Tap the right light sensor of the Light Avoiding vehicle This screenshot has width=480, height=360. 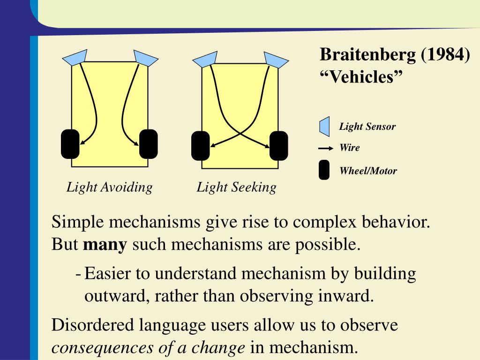(146, 57)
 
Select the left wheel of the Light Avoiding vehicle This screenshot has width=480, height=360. (70, 143)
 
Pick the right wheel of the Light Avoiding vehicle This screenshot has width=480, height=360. (149, 143)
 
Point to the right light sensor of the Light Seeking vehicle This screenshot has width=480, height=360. (276, 60)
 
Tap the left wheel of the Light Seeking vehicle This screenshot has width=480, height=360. (201, 146)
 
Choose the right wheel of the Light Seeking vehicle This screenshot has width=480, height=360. (279, 146)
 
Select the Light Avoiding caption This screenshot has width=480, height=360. (109, 187)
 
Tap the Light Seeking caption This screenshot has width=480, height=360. (236, 187)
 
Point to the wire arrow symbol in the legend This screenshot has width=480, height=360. (326, 149)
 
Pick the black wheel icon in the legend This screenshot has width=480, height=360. (324, 170)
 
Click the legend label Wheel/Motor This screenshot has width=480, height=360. (368, 171)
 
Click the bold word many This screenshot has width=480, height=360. (105, 245)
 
